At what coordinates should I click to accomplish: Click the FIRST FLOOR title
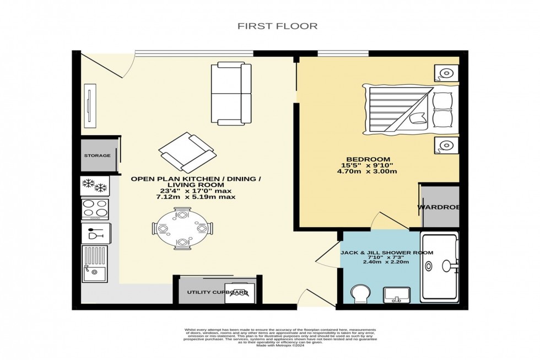point(277,25)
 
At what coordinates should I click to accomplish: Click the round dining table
point(182,227)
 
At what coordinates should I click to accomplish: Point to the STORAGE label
point(97,156)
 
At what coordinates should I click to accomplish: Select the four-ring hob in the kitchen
point(95,209)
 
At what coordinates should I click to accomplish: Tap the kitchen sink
point(95,262)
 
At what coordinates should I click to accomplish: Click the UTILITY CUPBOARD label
point(217,292)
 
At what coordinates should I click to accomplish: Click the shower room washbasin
point(396,295)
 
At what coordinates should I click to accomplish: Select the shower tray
point(439,267)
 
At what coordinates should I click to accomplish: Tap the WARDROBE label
point(439,207)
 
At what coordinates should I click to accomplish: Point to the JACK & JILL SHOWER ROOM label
point(386,252)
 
